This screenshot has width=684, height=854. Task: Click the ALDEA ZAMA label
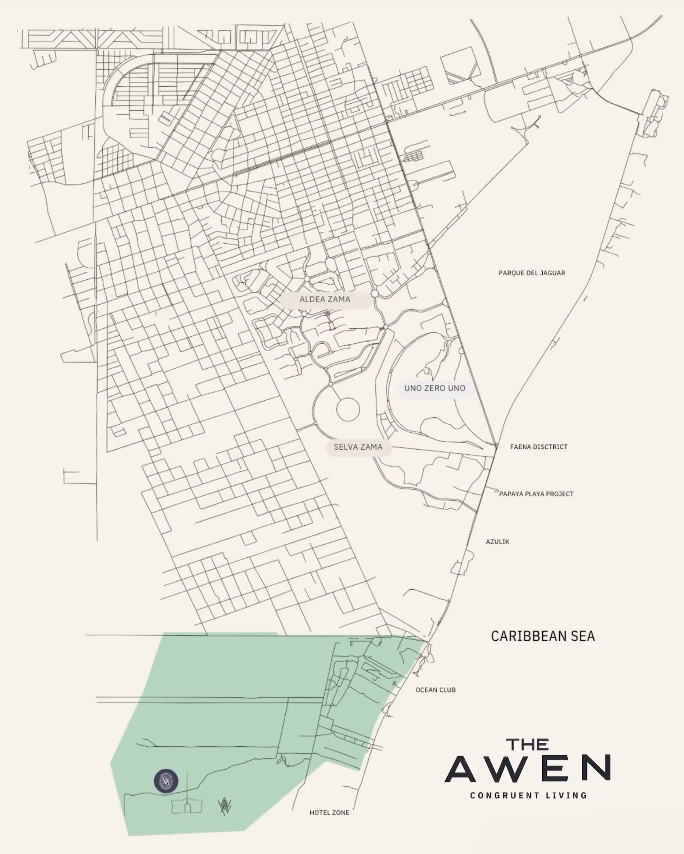coord(325,299)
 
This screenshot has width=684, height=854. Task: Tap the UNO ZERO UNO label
coord(435,388)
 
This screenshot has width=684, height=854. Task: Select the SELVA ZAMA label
coord(358,447)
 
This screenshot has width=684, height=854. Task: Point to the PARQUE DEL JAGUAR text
coord(532,273)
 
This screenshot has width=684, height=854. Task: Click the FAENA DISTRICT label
coord(539,447)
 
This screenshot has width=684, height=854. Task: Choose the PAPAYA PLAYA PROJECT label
coord(536,494)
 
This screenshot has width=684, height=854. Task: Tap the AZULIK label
coord(497,542)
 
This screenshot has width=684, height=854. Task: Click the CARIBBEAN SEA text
coord(543,636)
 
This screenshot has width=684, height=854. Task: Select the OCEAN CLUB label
coord(436,690)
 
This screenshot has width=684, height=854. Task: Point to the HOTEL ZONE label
coord(329,813)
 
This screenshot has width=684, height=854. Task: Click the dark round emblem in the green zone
coord(166,781)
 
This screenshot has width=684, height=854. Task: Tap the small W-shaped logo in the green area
coord(224,806)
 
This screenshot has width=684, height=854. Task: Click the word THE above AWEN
coord(528,745)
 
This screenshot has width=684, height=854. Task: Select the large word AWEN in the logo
coord(528,768)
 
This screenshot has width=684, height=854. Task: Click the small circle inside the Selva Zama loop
coord(348,410)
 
